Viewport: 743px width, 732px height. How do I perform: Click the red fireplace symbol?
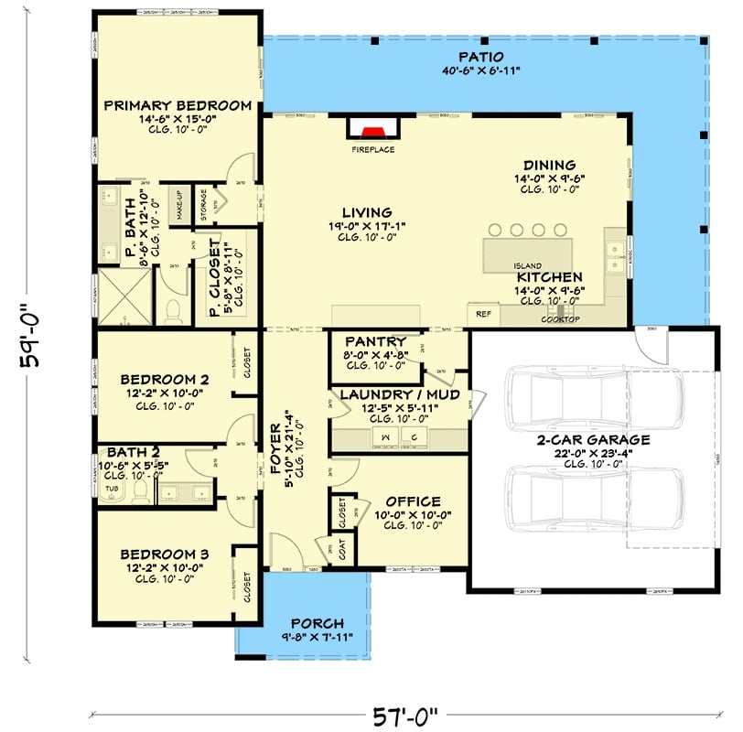coord(371,130)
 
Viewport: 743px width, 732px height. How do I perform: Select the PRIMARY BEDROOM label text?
coord(178,105)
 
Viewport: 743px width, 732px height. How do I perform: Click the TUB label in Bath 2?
coord(113,489)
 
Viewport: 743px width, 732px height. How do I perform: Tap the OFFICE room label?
coord(413,501)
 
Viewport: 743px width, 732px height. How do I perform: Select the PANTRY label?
coord(371,343)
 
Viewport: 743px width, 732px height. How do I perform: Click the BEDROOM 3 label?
coord(165,554)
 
